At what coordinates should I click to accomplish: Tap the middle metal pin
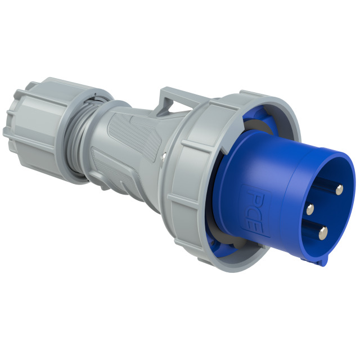pyautogui.click(x=310, y=210)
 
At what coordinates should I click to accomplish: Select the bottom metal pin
pyautogui.click(x=323, y=233)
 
